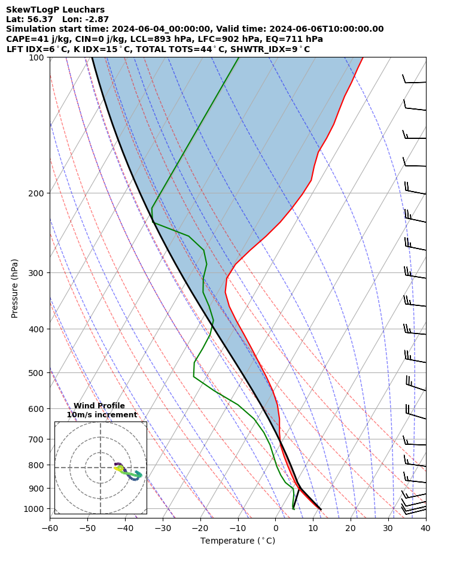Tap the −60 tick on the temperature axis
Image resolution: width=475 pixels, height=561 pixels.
click(x=50, y=529)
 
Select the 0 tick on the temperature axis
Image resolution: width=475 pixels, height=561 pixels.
click(x=276, y=529)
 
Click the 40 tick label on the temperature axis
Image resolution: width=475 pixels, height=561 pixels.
click(x=425, y=529)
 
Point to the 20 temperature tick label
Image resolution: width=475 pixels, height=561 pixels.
click(x=351, y=529)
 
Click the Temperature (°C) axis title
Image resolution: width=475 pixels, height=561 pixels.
click(x=237, y=541)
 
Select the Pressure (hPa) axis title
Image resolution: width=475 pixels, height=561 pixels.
click(x=15, y=288)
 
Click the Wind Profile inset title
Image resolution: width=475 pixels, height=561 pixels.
click(x=99, y=406)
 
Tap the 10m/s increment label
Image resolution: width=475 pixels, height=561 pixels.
click(x=102, y=415)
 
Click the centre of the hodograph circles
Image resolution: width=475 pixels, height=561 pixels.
click(x=101, y=468)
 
